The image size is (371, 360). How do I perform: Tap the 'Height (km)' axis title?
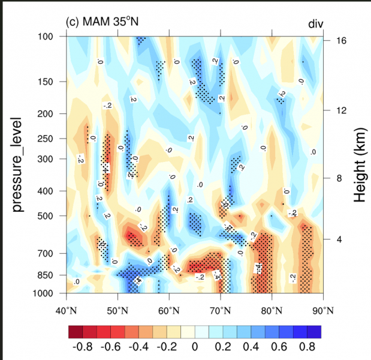pyautogui.click(x=359, y=164)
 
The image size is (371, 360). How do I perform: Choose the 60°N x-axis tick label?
pyautogui.click(x=169, y=310)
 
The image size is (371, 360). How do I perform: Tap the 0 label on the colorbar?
pyautogui.click(x=194, y=346)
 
